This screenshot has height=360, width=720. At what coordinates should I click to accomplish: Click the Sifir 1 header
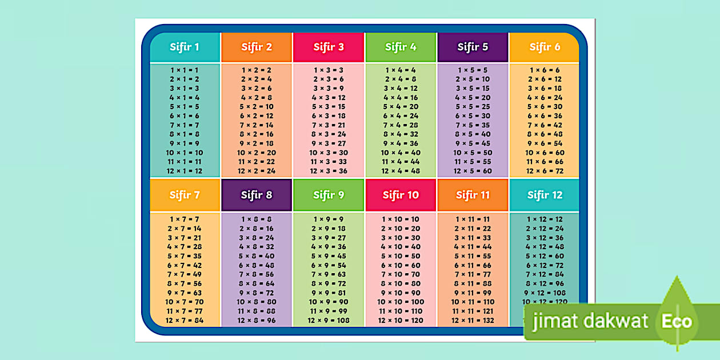[x=185, y=47]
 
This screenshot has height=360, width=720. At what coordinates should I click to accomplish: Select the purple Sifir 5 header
[x=473, y=47]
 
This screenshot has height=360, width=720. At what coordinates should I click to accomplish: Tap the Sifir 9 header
[x=329, y=195]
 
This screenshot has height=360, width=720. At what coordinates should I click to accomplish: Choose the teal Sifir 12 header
[x=545, y=195]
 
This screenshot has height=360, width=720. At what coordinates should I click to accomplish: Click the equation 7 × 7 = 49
[x=185, y=274]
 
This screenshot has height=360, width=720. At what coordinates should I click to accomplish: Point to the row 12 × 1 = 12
[x=185, y=171]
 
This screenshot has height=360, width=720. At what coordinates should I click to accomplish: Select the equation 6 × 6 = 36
[x=545, y=116]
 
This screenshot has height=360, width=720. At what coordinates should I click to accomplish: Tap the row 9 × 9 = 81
[x=329, y=293]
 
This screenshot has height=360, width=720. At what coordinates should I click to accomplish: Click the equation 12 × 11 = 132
[x=473, y=320]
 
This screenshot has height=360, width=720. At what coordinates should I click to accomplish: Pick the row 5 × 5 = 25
[x=473, y=107]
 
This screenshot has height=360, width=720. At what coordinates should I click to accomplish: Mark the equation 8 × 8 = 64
[x=257, y=283]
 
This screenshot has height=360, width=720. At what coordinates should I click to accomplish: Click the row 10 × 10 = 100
[x=401, y=302]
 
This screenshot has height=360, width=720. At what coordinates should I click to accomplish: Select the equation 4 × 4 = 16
[x=401, y=98]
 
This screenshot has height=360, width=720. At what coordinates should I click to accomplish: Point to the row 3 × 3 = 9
[x=329, y=89]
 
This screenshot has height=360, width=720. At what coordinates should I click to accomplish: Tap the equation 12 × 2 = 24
[x=257, y=171]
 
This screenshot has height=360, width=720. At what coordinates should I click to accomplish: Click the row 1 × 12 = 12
[x=545, y=219]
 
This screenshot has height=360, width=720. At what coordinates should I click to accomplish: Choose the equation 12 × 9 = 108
[x=329, y=320]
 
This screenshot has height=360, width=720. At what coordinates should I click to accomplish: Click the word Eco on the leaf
[x=677, y=322]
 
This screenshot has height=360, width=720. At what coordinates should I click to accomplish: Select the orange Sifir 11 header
[x=473, y=195]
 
